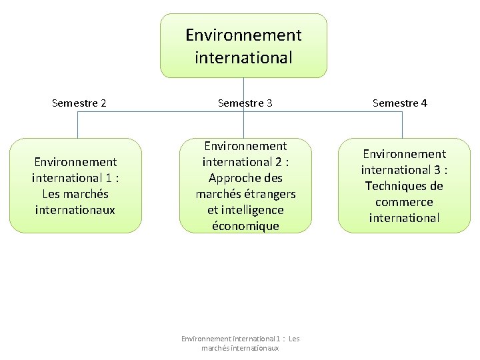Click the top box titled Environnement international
point(243,45)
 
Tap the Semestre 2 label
point(79,103)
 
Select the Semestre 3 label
point(245,103)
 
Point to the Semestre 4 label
point(400,103)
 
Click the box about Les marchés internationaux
point(75,185)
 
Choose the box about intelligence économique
point(245,185)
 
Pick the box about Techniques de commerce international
point(404,185)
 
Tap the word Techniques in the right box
point(404,186)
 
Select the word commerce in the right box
point(404,202)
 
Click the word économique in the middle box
point(245,226)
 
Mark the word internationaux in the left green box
point(75,210)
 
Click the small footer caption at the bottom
point(241,343)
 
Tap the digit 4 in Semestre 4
point(424,103)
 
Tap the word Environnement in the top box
point(243,35)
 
